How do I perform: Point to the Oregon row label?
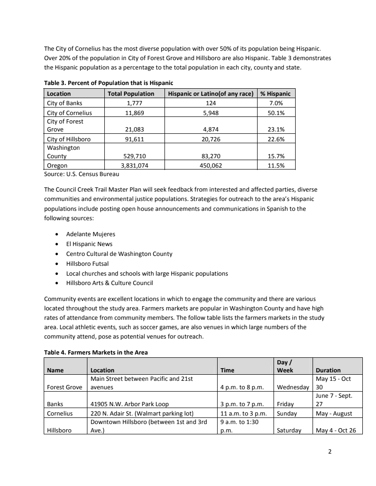pyautogui.click(x=57, y=165)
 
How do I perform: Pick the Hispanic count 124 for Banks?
pyautogui.click(x=211, y=103)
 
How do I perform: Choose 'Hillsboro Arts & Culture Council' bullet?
pyautogui.click(x=109, y=283)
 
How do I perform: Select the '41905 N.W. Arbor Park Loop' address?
pyautogui.click(x=129, y=403)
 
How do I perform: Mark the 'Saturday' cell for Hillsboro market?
pyautogui.click(x=289, y=430)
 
